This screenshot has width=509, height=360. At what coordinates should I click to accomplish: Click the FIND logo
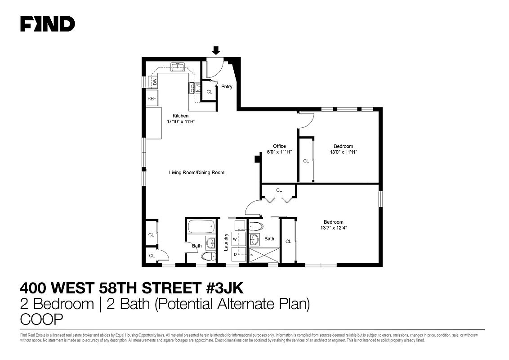coord(48,24)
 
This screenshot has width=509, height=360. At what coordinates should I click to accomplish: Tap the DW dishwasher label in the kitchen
coord(154,81)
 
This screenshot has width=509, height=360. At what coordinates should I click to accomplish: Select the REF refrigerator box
coord(152,98)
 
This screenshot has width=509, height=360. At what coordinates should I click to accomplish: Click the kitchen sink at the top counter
coord(177,68)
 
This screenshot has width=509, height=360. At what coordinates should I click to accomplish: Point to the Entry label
coord(227,86)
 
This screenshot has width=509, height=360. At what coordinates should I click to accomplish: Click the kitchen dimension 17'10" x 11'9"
coord(178,121)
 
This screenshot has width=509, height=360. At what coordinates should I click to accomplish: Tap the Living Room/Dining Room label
coord(196,172)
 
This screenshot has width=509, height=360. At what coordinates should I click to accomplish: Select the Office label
coord(279,146)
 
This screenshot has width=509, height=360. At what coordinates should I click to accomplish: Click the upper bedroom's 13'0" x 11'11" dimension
coord(343,152)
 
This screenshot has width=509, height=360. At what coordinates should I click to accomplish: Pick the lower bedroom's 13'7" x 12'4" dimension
coord(333,228)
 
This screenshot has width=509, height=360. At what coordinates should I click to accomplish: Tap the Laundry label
coord(226,242)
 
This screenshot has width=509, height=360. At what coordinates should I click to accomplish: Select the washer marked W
coord(235,239)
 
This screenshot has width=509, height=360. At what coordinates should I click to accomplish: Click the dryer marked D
coord(235,254)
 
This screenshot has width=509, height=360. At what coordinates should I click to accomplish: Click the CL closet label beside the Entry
coord(209,91)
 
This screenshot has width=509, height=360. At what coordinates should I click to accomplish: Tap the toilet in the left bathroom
coord(208,256)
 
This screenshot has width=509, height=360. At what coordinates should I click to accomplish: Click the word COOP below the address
coord(42,319)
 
